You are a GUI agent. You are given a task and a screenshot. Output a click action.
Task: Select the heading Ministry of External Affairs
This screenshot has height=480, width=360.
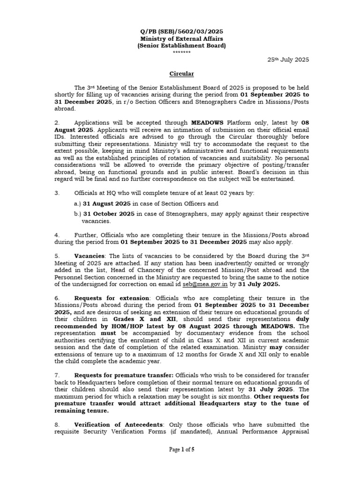click(x=181, y=38)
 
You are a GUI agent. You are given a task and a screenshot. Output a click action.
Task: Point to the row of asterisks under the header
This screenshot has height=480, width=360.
click(x=181, y=52)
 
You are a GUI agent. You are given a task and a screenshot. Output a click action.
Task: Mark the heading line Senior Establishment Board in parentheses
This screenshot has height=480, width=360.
click(x=181, y=45)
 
